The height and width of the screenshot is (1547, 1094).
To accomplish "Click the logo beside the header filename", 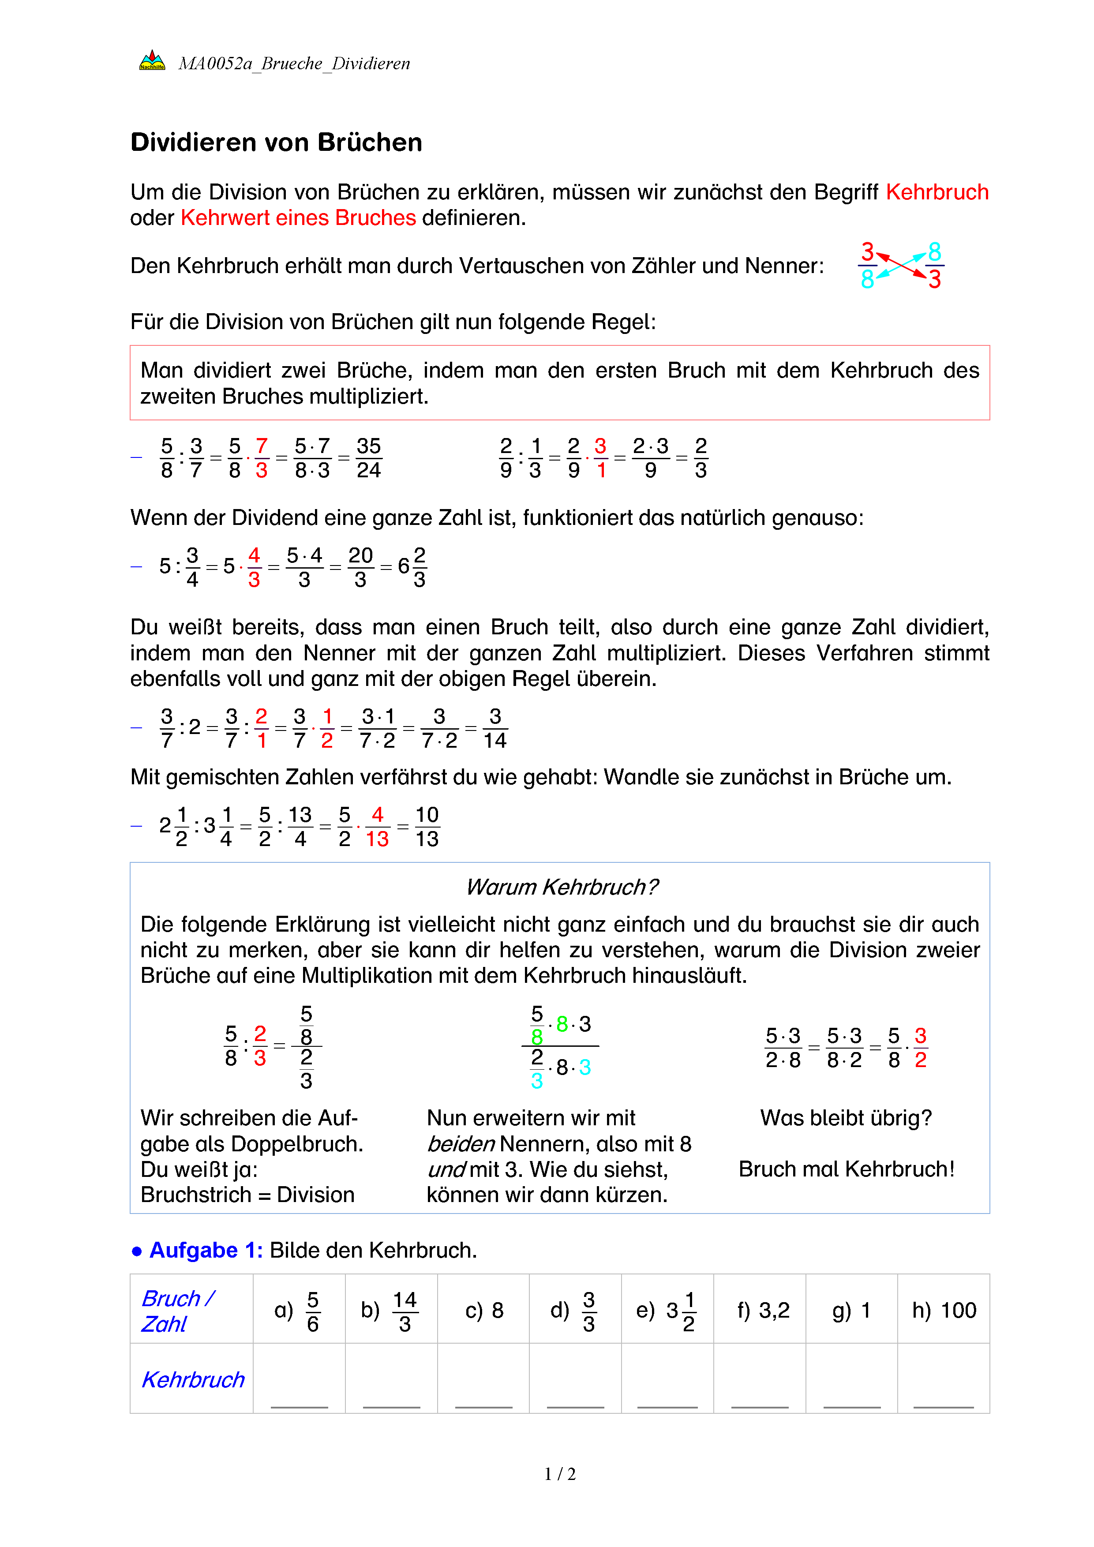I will coord(152,60).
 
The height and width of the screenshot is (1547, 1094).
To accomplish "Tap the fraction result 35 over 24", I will coord(368,458).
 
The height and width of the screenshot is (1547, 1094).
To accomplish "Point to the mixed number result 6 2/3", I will coord(412,567).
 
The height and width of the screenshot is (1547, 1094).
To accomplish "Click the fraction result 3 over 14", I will coord(495,728).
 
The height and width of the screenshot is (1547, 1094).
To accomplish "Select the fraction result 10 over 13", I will coord(427,827).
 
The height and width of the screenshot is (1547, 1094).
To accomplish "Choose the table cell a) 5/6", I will coord(299,1311).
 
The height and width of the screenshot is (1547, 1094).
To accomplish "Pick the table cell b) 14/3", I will coord(391,1311).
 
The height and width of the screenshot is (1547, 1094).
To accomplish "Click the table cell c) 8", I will coord(483,1311).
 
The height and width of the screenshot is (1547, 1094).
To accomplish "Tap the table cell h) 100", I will coord(944,1311).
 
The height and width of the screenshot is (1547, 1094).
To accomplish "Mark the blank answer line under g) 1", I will coord(851,1406).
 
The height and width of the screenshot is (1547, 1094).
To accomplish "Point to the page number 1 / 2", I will coord(560,1474).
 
